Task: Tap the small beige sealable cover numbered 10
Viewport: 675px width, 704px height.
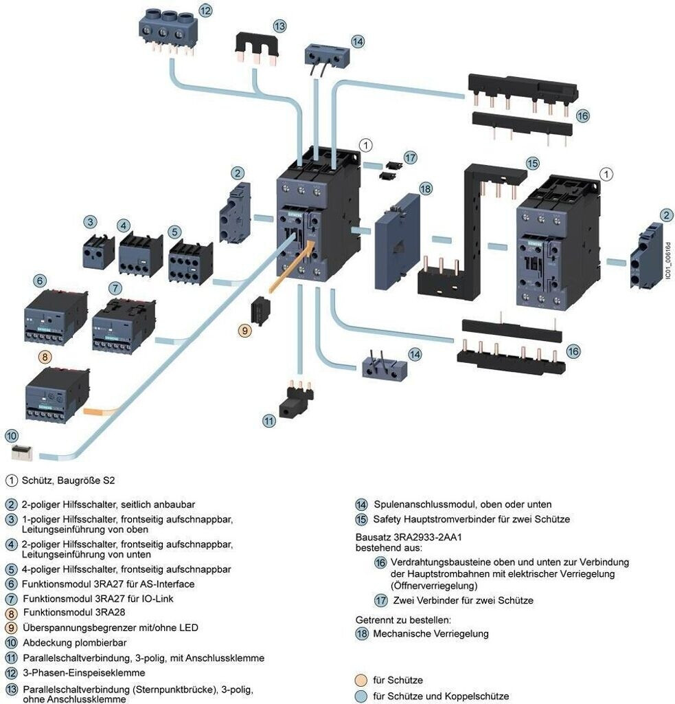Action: click(x=25, y=452)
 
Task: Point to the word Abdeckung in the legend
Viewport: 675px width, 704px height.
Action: click(x=47, y=643)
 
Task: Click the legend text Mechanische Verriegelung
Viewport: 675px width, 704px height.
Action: click(x=431, y=633)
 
